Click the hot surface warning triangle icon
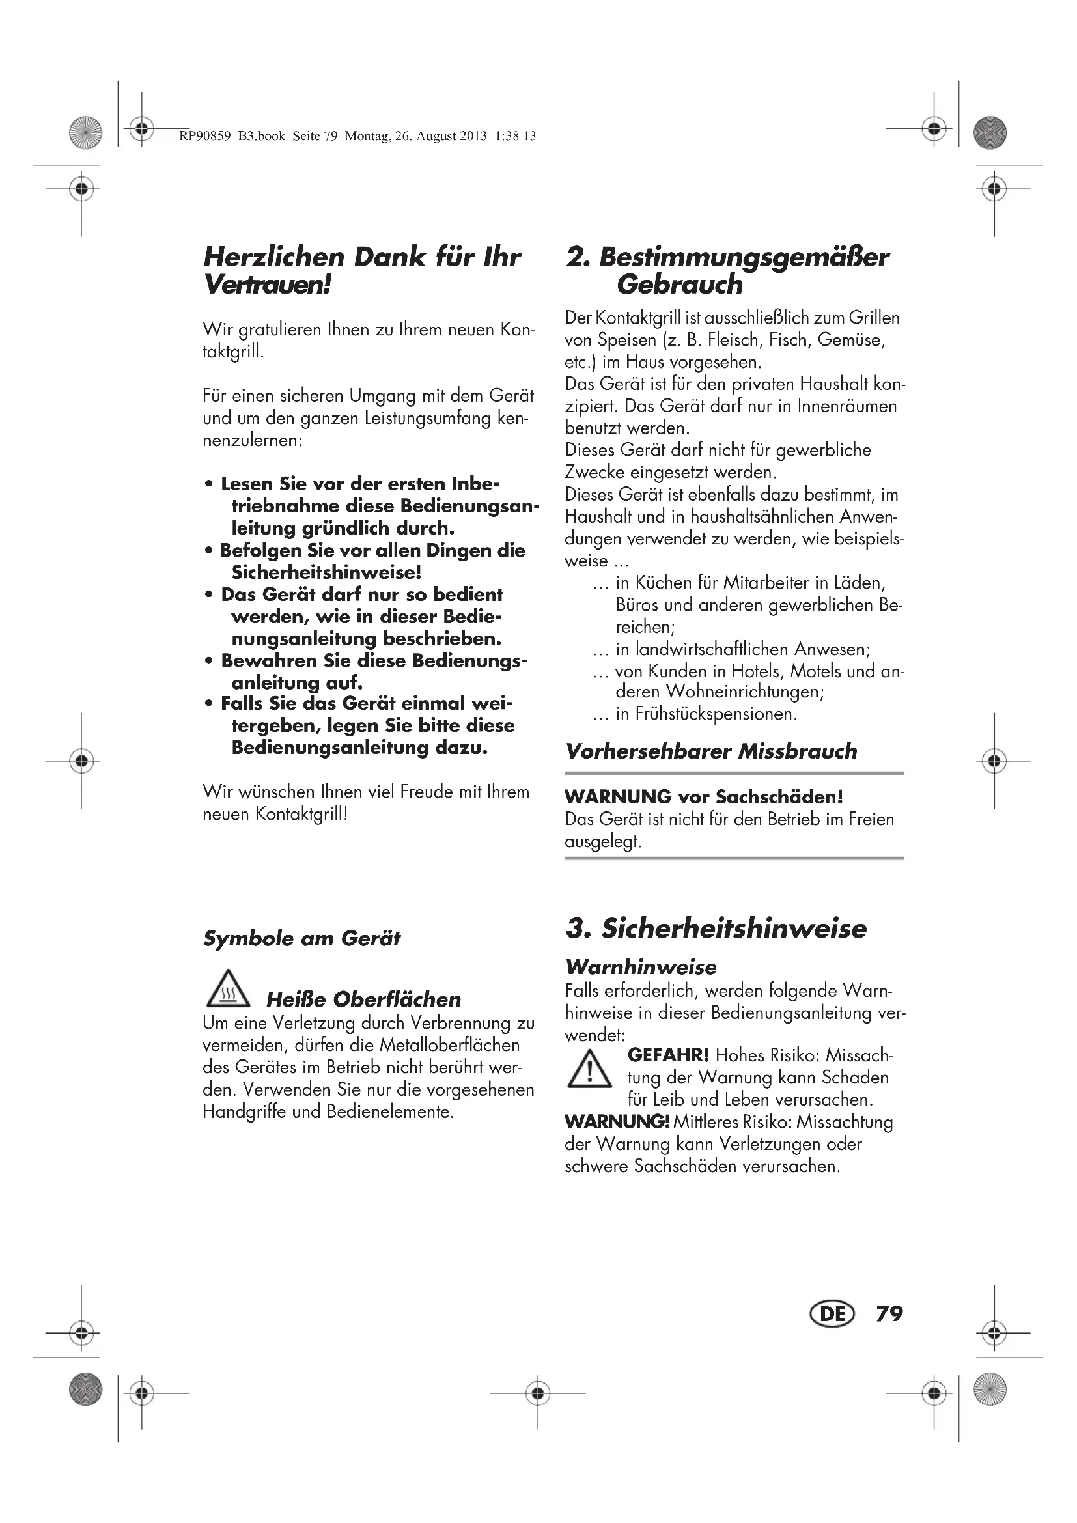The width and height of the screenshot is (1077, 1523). pyautogui.click(x=228, y=989)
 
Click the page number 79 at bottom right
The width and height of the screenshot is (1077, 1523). pyautogui.click(x=889, y=1314)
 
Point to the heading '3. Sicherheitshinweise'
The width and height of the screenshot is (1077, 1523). pyautogui.click(x=716, y=928)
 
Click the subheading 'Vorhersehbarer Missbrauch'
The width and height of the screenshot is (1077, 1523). pyautogui.click(x=711, y=751)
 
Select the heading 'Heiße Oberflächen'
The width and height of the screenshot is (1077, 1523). pyautogui.click(x=363, y=999)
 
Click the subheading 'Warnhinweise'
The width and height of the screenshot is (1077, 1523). pyautogui.click(x=641, y=966)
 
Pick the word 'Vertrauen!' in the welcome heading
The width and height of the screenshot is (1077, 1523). pyautogui.click(x=267, y=285)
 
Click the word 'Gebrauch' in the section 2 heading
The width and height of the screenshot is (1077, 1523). pyautogui.click(x=680, y=285)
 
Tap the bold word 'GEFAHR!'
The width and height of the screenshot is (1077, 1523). pyautogui.click(x=668, y=1055)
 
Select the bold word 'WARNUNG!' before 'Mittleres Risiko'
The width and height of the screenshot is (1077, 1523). pyautogui.click(x=617, y=1122)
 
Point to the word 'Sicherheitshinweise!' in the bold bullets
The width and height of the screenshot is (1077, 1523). pyautogui.click(x=326, y=572)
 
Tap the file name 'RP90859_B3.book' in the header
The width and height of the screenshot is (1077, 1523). pyautogui.click(x=232, y=137)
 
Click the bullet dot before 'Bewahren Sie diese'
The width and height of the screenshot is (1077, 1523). pyautogui.click(x=209, y=662)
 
